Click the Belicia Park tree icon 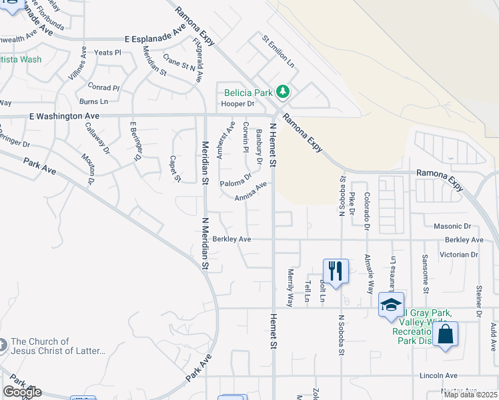(x=284, y=91)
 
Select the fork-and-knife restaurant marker (x=335, y=271)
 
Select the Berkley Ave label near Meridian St (x=231, y=239)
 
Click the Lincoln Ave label (x=438, y=376)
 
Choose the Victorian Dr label (x=455, y=255)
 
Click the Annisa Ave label (x=251, y=191)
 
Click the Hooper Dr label (x=238, y=104)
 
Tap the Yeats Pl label (x=107, y=52)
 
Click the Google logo (x=22, y=392)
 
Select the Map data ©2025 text (x=470, y=395)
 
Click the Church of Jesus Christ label (x=58, y=346)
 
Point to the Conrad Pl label (x=103, y=87)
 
